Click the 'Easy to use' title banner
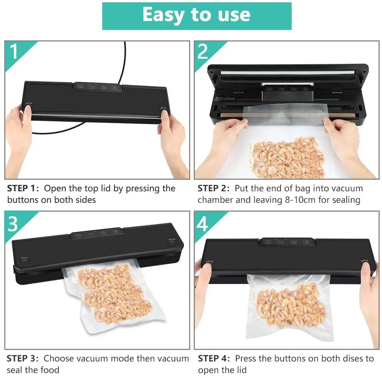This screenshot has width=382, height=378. coord(196,16)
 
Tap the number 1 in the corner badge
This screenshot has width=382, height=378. coord(14,51)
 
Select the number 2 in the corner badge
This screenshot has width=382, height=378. coord(203,51)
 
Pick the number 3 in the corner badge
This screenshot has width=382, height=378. coord(13,224)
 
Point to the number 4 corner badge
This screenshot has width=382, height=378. coord(203,224)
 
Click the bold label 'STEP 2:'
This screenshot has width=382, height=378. coord(214,189)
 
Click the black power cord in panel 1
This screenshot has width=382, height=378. coord(125,61)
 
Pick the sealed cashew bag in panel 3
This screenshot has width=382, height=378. coord(111,292)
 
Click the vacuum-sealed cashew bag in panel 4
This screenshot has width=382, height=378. coord(288,303)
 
